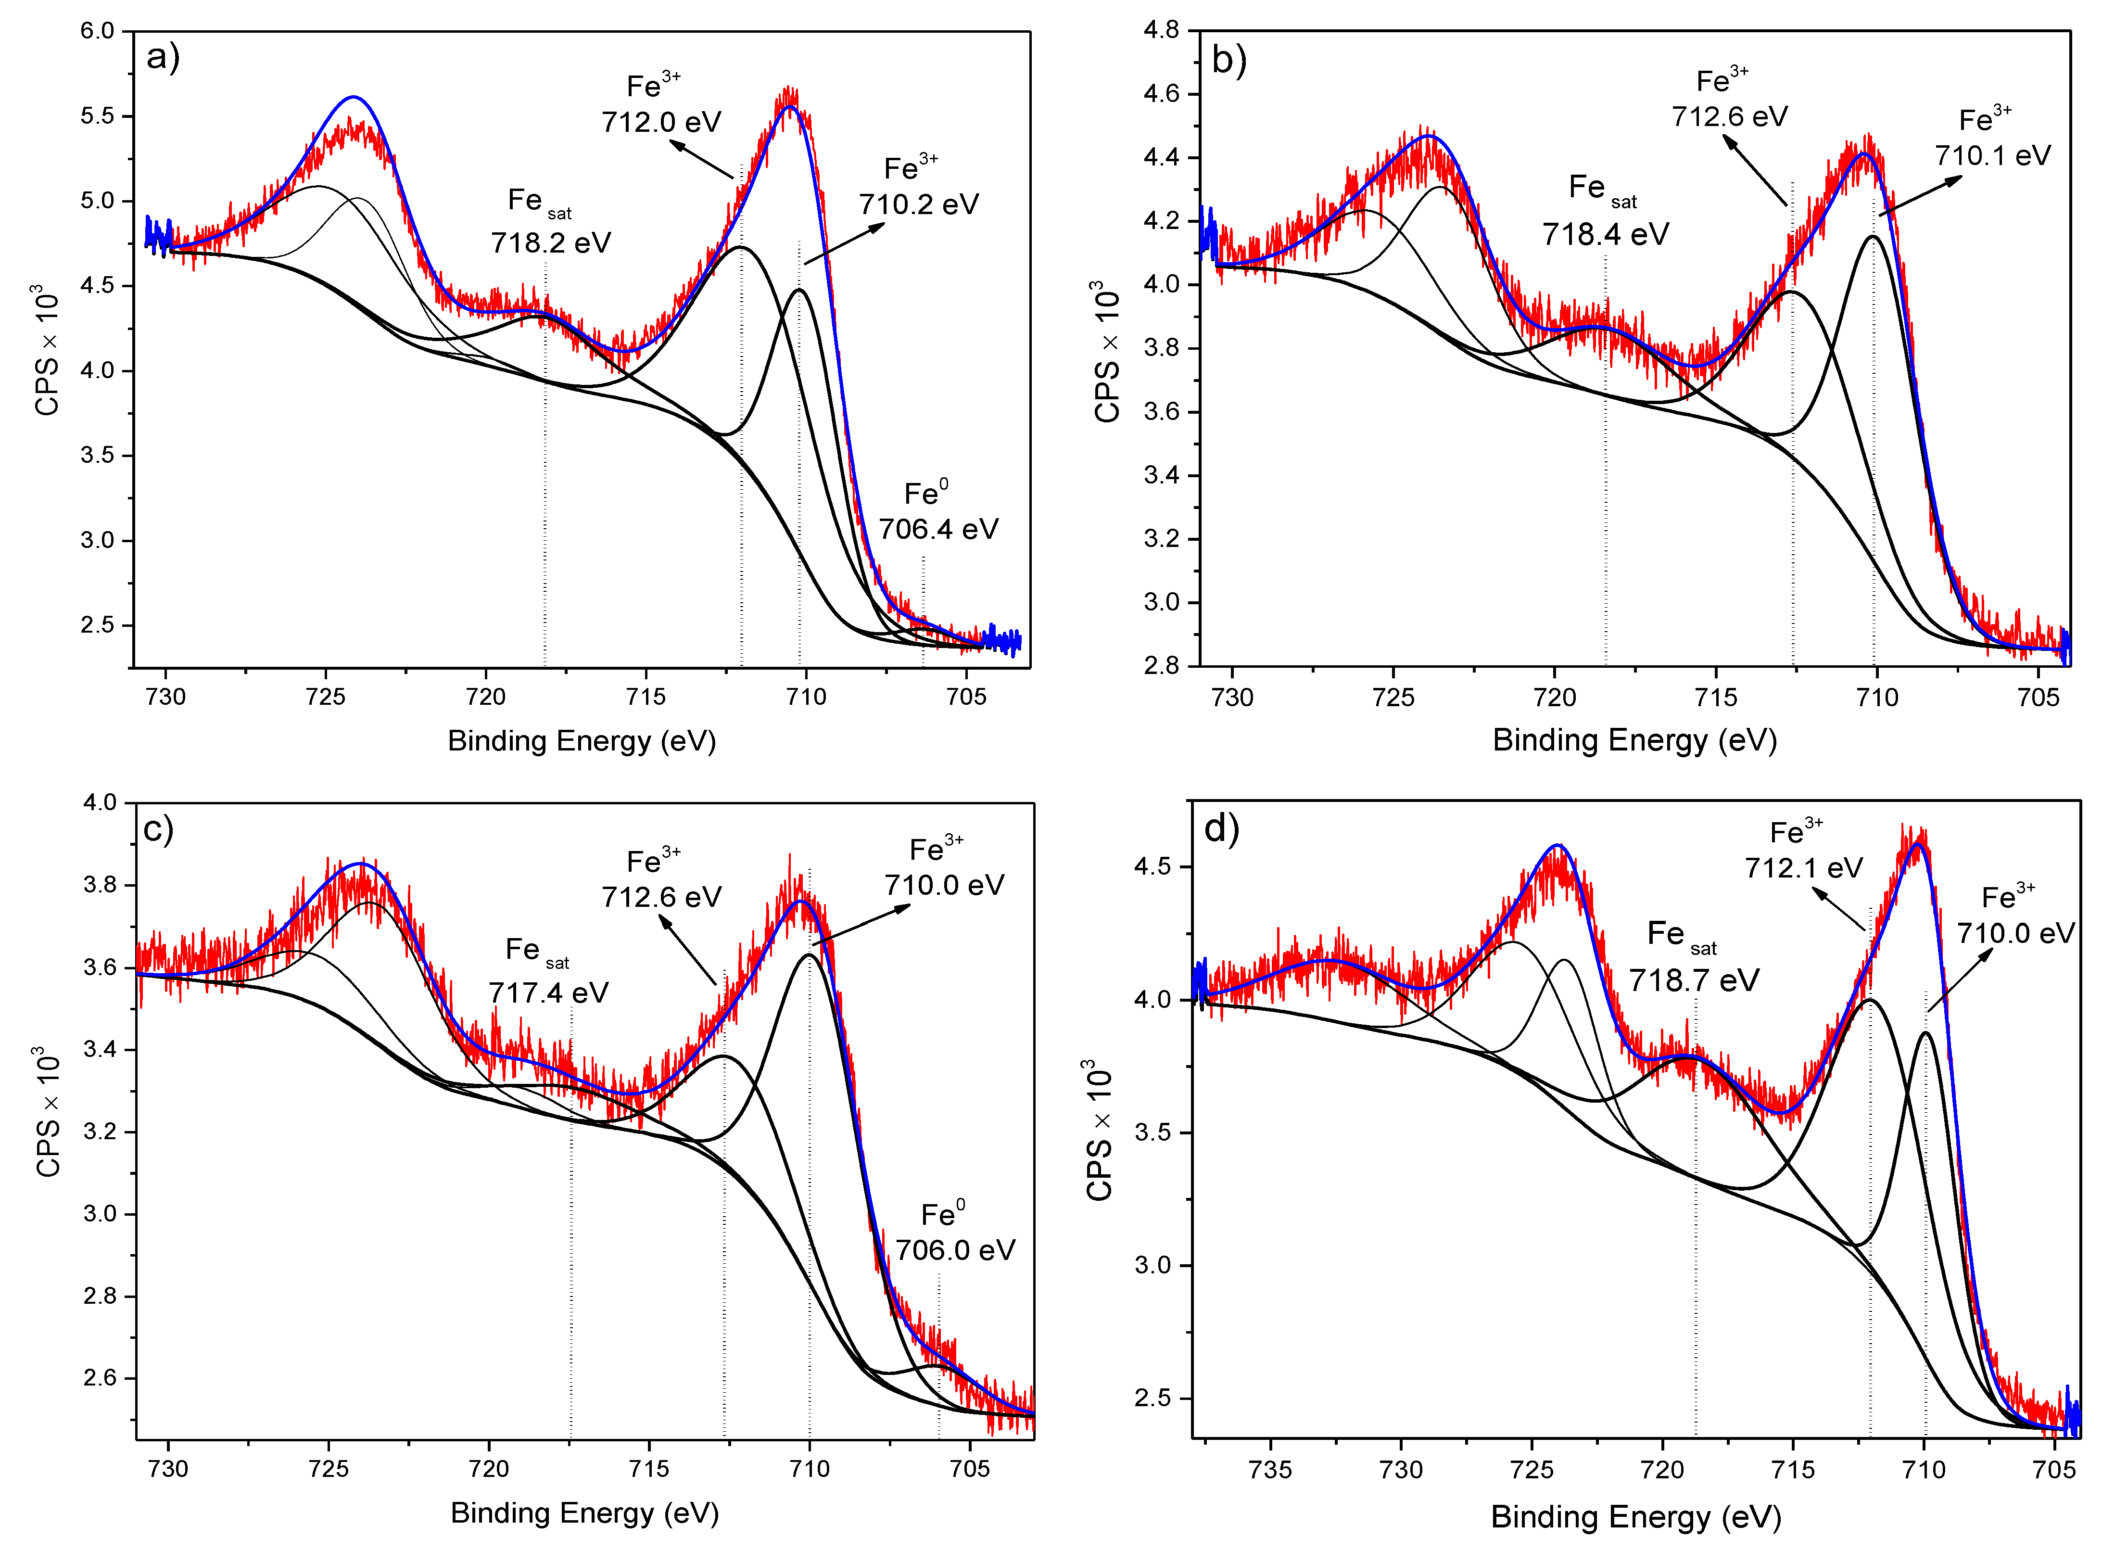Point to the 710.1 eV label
(x=1992, y=155)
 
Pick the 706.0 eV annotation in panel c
(x=955, y=1250)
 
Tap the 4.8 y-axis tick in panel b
(x=1161, y=30)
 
